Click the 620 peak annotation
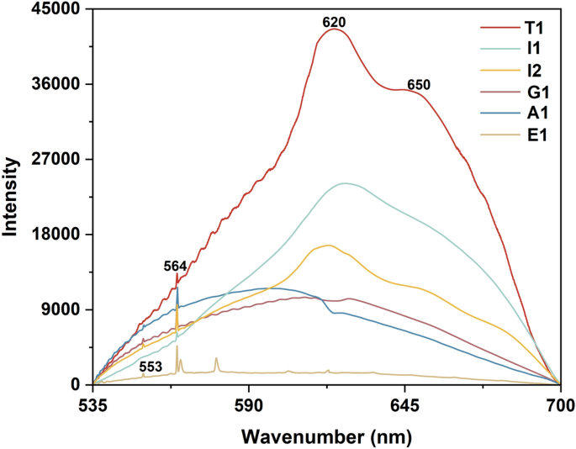335,21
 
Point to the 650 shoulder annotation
418,86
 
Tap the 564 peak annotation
175,266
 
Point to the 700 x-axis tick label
558,405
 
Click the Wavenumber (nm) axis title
326,436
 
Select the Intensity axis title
11,197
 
